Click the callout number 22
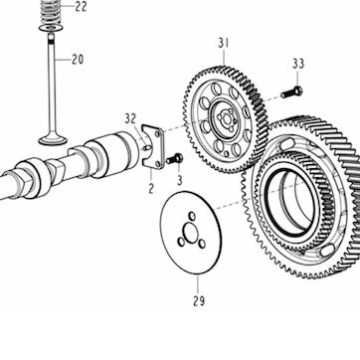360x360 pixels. (81, 6)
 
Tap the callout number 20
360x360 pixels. (78, 60)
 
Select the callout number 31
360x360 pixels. (224, 44)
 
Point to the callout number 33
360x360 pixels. (298, 64)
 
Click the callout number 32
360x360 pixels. (130, 119)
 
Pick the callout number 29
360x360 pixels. (199, 301)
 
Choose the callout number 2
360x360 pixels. (151, 189)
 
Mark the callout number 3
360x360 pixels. (179, 181)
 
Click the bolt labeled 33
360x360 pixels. (291, 91)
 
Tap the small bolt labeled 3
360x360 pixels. (175, 159)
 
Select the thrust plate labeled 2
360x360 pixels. (153, 146)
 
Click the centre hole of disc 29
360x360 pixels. (191, 233)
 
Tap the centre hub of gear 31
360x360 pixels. (227, 119)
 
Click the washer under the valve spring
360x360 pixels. (52, 28)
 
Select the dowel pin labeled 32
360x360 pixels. (146, 147)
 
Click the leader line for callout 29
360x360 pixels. (198, 283)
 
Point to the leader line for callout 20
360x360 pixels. (63, 60)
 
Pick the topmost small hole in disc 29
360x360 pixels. (192, 216)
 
